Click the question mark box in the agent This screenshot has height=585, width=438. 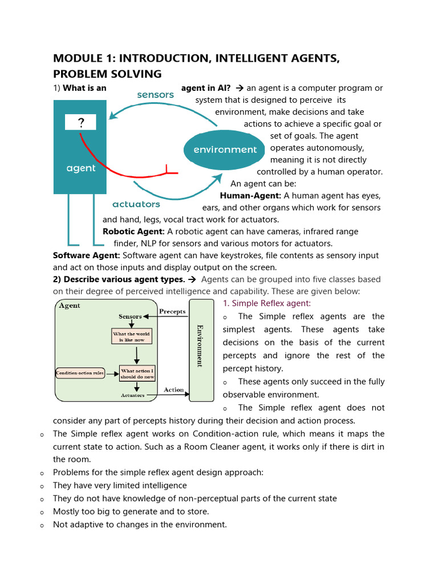pyautogui.click(x=80, y=122)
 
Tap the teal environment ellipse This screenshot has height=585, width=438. pyautogui.click(x=225, y=150)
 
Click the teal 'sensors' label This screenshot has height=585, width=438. pyautogui.click(x=155, y=95)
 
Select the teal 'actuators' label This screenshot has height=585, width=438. pyautogui.click(x=136, y=204)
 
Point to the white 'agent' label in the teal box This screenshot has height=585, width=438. pyautogui.click(x=80, y=169)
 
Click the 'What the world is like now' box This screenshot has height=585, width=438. pyautogui.click(x=132, y=336)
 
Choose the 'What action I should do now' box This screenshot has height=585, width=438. pyautogui.click(x=137, y=374)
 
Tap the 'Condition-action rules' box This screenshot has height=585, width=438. pyautogui.click(x=80, y=374)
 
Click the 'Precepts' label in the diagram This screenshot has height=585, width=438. pyautogui.click(x=172, y=311)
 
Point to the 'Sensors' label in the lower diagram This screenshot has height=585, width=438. pyautogui.click(x=130, y=316)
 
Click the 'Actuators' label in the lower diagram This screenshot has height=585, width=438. pyautogui.click(x=132, y=395)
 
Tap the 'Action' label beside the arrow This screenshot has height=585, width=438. pyautogui.click(x=174, y=390)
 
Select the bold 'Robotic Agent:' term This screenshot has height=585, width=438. pyautogui.click(x=133, y=231)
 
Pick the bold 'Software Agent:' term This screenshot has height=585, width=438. pyautogui.click(x=86, y=255)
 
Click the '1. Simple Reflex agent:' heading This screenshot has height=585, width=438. pyautogui.click(x=267, y=303)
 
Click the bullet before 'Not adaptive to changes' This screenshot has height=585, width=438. pyautogui.click(x=42, y=525)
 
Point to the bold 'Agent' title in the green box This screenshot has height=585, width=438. pyautogui.click(x=70, y=306)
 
